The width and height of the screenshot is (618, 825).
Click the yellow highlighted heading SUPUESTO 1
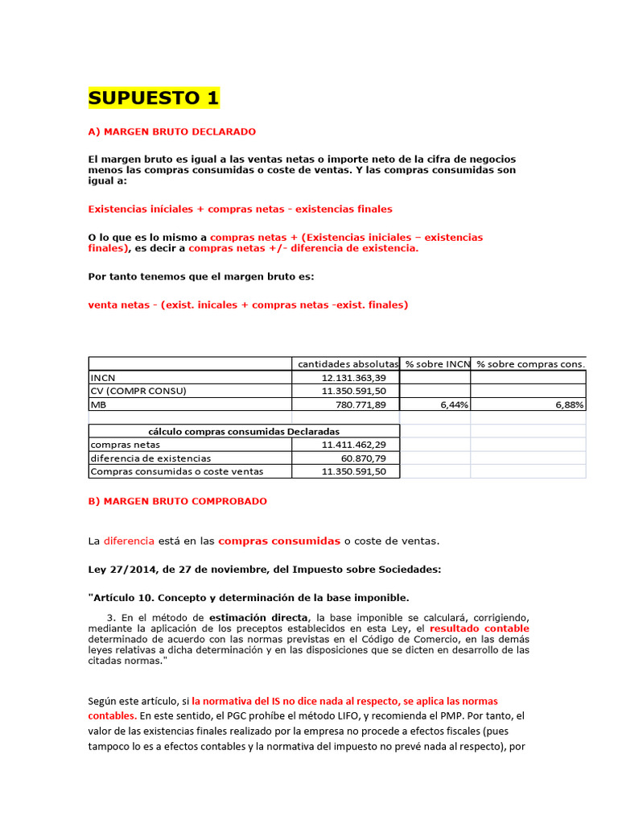[153, 98]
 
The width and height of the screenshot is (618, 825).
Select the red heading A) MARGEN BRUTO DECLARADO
[172, 131]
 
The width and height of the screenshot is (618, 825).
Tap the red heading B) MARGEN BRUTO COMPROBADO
[177, 501]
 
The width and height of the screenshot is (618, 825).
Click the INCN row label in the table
[103, 377]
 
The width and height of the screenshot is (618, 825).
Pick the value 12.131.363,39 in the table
[353, 377]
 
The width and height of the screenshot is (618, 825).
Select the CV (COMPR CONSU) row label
[138, 391]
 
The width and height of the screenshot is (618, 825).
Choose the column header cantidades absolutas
[348, 364]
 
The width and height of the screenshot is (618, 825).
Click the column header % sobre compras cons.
[530, 364]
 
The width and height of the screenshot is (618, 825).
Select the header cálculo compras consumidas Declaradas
[244, 431]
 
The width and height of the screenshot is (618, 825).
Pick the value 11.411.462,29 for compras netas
[353, 444]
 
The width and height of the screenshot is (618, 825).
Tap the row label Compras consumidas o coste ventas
[176, 471]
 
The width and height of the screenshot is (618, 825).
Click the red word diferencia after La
[128, 541]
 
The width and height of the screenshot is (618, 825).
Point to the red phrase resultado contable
[479, 628]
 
